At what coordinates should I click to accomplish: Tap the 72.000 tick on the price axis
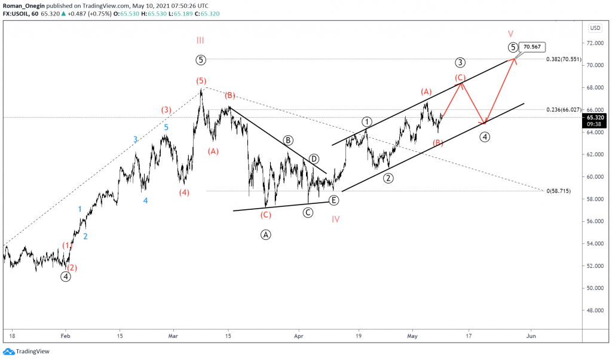click(594, 43)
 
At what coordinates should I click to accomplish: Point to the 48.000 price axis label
click(594, 310)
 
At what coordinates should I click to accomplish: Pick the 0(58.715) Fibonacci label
click(561, 191)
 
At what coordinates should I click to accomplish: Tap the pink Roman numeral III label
click(200, 40)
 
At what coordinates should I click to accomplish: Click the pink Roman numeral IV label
click(336, 219)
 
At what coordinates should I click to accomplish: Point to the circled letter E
click(333, 200)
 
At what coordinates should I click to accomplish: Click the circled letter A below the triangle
click(266, 235)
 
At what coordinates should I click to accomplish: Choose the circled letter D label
click(314, 159)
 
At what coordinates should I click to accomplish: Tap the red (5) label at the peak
click(201, 80)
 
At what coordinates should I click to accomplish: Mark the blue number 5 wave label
click(166, 127)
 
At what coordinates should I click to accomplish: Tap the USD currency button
click(595, 28)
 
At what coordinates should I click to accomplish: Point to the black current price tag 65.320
click(595, 118)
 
